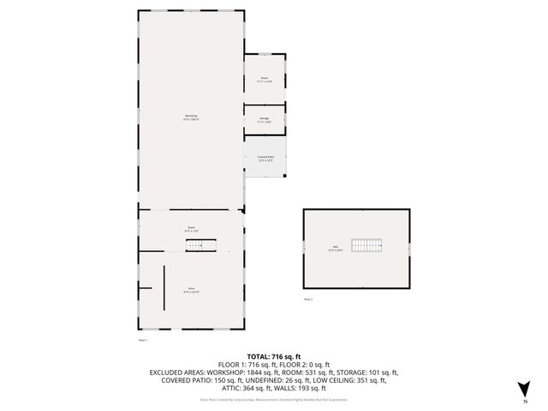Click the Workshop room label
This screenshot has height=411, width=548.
(x=191, y=118)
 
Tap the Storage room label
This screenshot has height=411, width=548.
(x=265, y=119)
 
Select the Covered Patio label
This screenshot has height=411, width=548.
(x=265, y=158)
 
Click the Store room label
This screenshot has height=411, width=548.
(x=191, y=290)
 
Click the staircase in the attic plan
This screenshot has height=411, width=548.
(x=367, y=246)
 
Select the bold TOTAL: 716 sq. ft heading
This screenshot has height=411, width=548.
(x=274, y=356)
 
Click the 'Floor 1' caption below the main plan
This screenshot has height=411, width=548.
(x=143, y=340)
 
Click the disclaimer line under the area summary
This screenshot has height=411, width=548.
(x=274, y=399)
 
